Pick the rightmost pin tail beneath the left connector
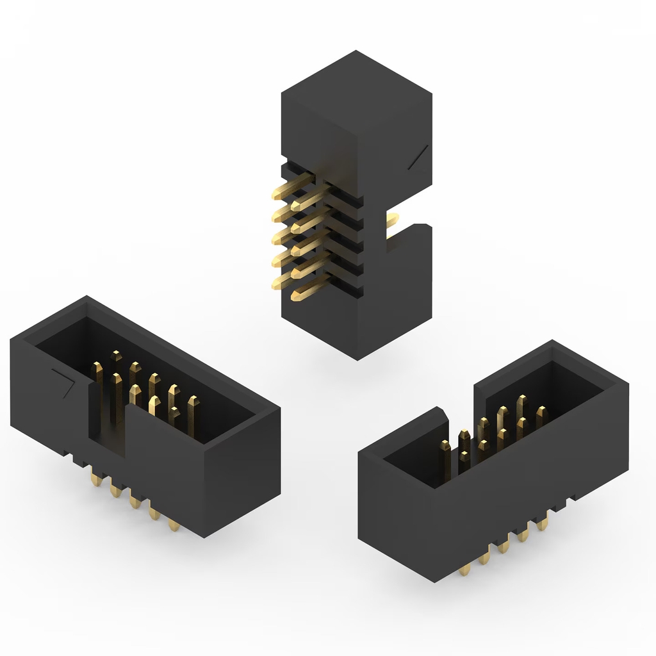[174, 525]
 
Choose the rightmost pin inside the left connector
[193, 410]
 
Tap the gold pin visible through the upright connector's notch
[391, 221]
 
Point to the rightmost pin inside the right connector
[541, 415]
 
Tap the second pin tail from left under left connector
[116, 489]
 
